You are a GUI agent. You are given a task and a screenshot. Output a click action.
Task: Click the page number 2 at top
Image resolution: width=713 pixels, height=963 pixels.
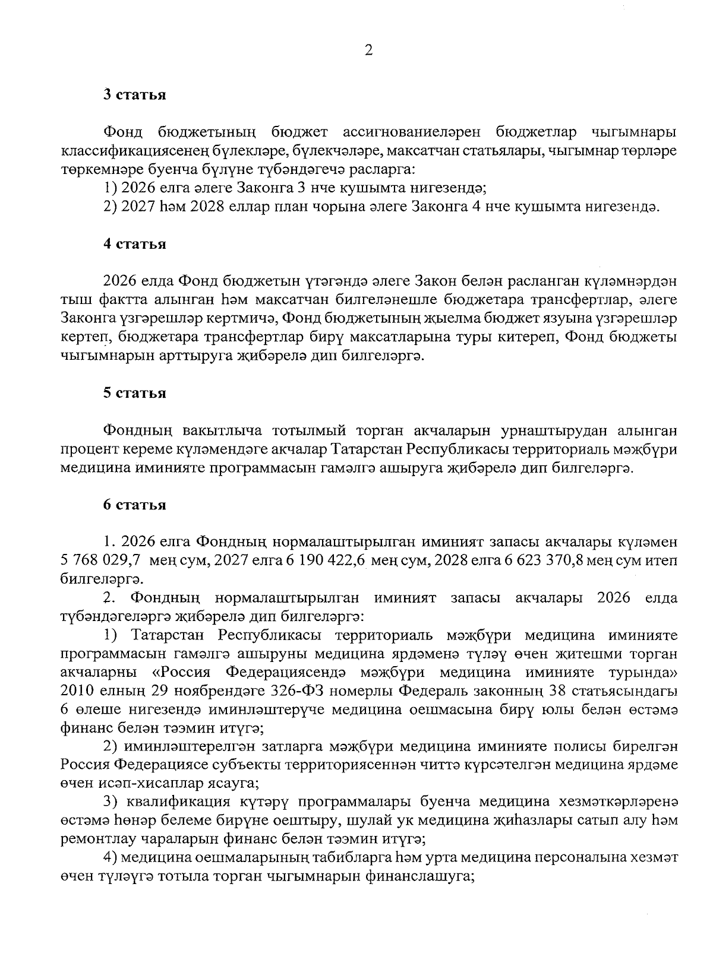368,52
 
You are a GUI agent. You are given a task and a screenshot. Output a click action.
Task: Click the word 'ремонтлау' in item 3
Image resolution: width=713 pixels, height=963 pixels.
92,839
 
